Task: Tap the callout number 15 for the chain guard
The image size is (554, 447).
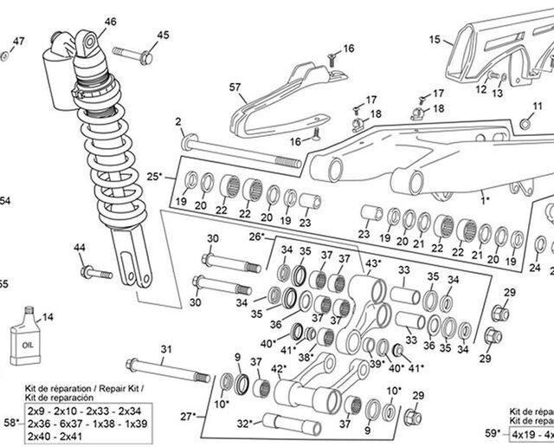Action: [435, 38]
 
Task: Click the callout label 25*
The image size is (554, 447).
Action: [155, 177]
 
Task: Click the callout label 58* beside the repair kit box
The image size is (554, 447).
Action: [10, 422]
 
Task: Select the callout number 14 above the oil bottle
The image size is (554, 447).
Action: [47, 317]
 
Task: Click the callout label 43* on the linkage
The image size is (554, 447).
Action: [373, 263]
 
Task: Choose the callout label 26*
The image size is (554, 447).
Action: [256, 236]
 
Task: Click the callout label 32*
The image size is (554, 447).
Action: [245, 424]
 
